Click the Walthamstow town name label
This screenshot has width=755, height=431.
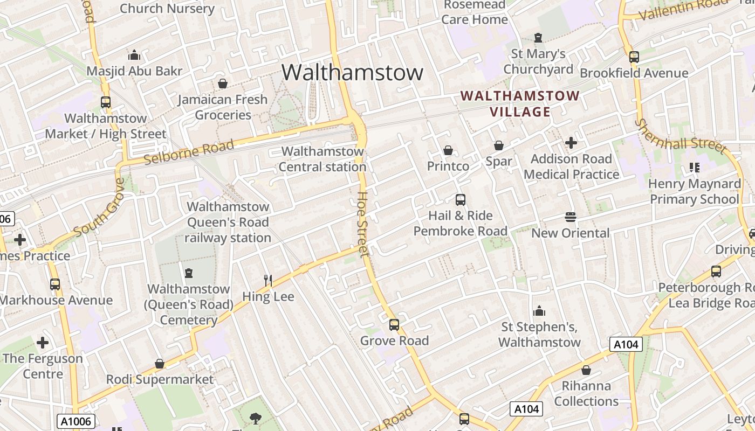pos(352,72)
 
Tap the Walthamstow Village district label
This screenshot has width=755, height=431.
pos(520,104)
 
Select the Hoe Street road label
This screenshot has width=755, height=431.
pos(363,224)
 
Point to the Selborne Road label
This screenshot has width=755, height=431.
pos(189,152)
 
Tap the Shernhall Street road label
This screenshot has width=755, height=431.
pos(680,136)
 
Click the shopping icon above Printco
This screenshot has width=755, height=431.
pos(448,150)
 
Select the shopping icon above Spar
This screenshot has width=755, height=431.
pos(499,145)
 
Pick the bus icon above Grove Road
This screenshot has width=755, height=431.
pos(394,325)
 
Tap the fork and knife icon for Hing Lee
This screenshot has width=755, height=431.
pos(267,280)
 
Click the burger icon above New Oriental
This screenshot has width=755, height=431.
pos(571,217)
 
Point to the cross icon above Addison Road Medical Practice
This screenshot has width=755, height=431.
pos(571,143)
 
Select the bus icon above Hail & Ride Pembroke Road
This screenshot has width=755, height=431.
pos(461,200)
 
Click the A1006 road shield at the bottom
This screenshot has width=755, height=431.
pos(76,421)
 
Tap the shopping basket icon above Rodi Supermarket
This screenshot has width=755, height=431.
pos(160,364)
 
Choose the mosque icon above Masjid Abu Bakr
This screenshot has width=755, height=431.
pos(134,55)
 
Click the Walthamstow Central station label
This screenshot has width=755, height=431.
pos(322,159)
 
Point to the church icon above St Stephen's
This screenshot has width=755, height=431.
pos(539,311)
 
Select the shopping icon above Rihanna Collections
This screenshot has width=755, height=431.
pos(586,370)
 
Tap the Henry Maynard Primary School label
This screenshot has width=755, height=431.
pos(695,191)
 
